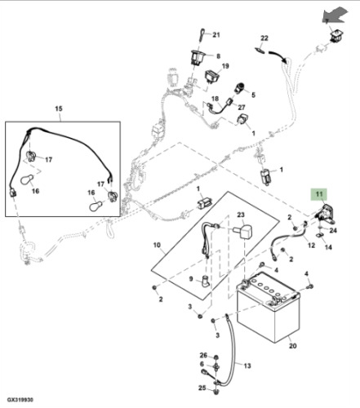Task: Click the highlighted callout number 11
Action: point(319,194)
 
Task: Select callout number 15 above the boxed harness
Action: point(59,109)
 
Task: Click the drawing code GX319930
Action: point(20,400)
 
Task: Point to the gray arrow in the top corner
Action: point(336,16)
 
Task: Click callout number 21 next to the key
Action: point(216,35)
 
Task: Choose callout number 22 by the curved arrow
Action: point(264,38)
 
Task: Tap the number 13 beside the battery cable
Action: point(247,366)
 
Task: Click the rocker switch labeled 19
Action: point(212,76)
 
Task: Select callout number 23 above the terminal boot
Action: point(241,215)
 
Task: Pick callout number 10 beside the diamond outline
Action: point(157,245)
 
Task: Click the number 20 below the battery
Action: point(292,346)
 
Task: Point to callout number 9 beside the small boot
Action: point(191,279)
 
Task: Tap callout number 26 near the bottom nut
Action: point(203,355)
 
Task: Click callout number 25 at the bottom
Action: point(202,388)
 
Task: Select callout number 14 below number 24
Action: point(328,247)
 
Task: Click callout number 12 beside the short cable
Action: point(311,245)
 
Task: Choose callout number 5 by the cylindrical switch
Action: point(253,95)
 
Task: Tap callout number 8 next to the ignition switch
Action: point(218,56)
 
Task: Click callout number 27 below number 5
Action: point(242,108)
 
